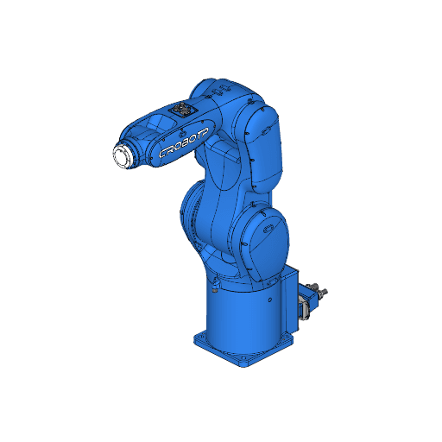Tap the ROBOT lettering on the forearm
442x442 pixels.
(185, 143)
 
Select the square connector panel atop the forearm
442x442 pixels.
(183, 111)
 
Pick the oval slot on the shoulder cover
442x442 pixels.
(267, 229)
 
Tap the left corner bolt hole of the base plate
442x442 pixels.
(200, 338)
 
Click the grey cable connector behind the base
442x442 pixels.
(305, 304)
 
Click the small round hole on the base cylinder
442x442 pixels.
(270, 300)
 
